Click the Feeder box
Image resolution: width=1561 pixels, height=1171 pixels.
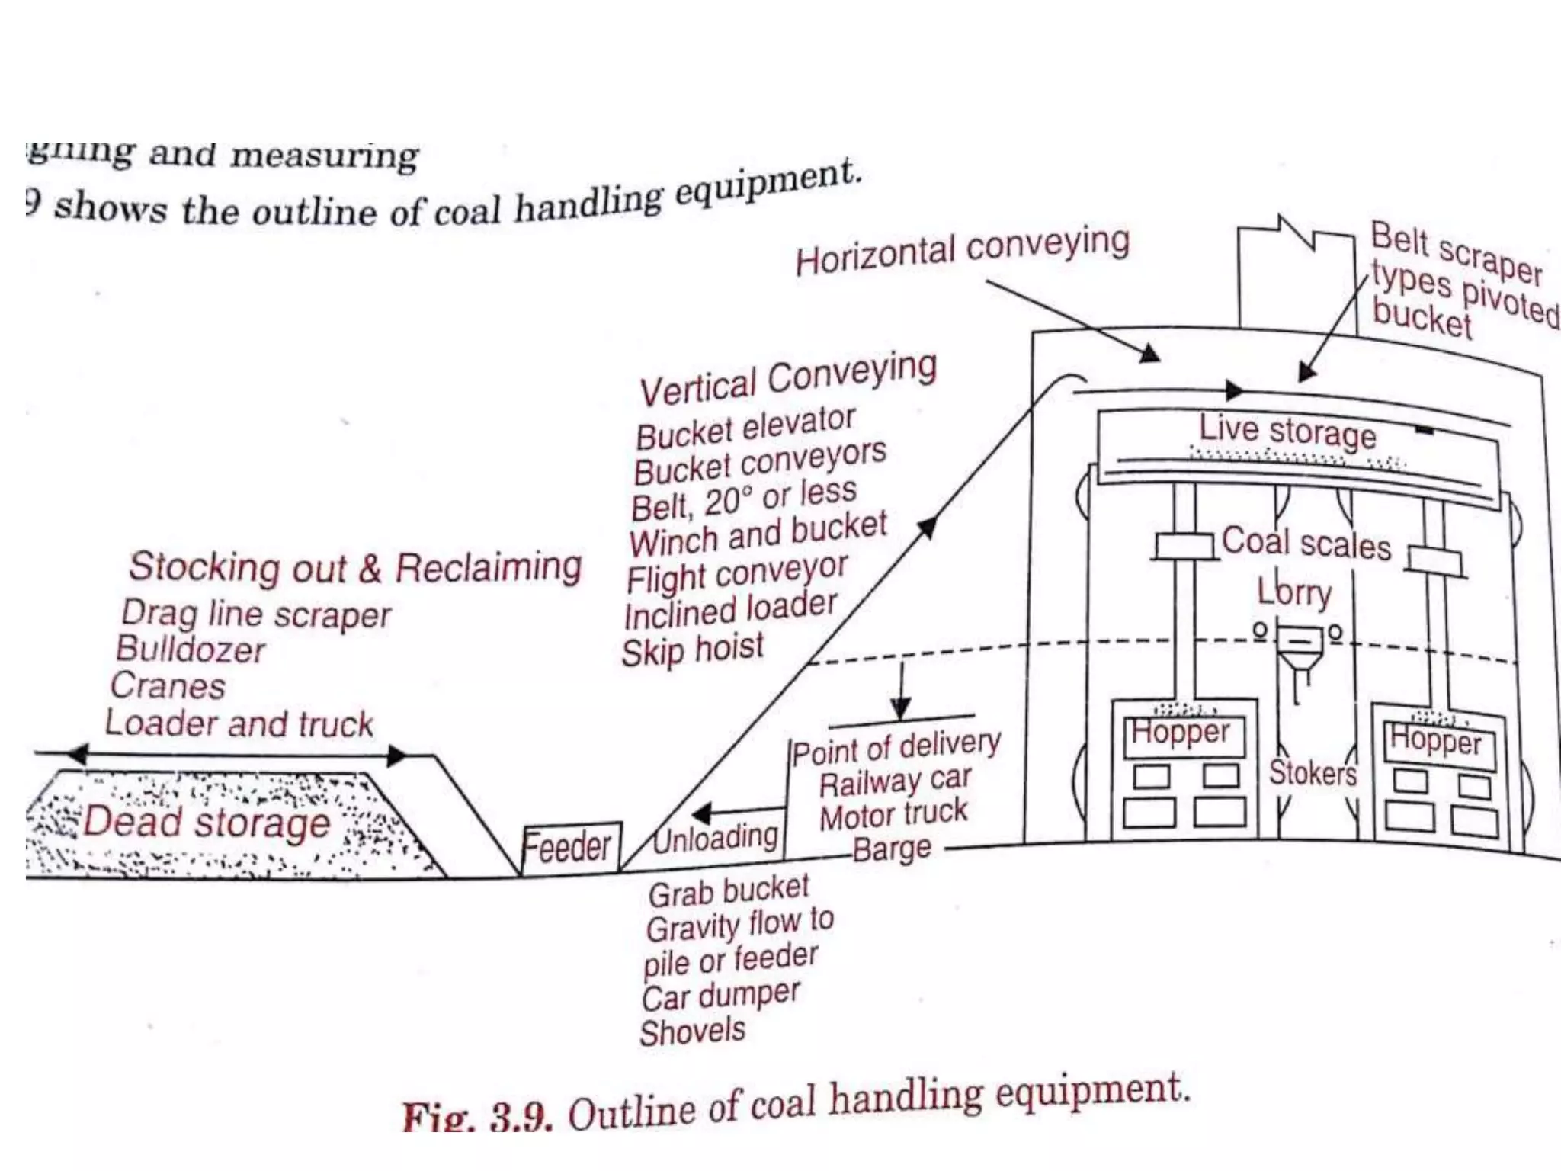570,847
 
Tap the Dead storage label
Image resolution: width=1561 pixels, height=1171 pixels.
207,823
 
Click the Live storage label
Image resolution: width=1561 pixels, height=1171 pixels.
1287,432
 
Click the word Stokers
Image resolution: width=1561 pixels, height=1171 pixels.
1313,773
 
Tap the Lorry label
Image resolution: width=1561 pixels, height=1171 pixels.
1294,592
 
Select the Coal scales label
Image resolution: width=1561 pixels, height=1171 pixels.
1306,544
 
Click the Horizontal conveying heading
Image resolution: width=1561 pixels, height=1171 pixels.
962,251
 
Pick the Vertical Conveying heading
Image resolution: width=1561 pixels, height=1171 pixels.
788,380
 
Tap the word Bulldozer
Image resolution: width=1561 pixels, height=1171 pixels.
191,650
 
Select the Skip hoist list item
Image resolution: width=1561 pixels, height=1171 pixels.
692,650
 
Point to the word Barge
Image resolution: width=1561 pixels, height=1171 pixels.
891,849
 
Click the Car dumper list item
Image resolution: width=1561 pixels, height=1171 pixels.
721,996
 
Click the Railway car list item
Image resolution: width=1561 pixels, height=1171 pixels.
895,781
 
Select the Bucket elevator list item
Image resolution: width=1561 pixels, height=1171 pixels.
745,428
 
